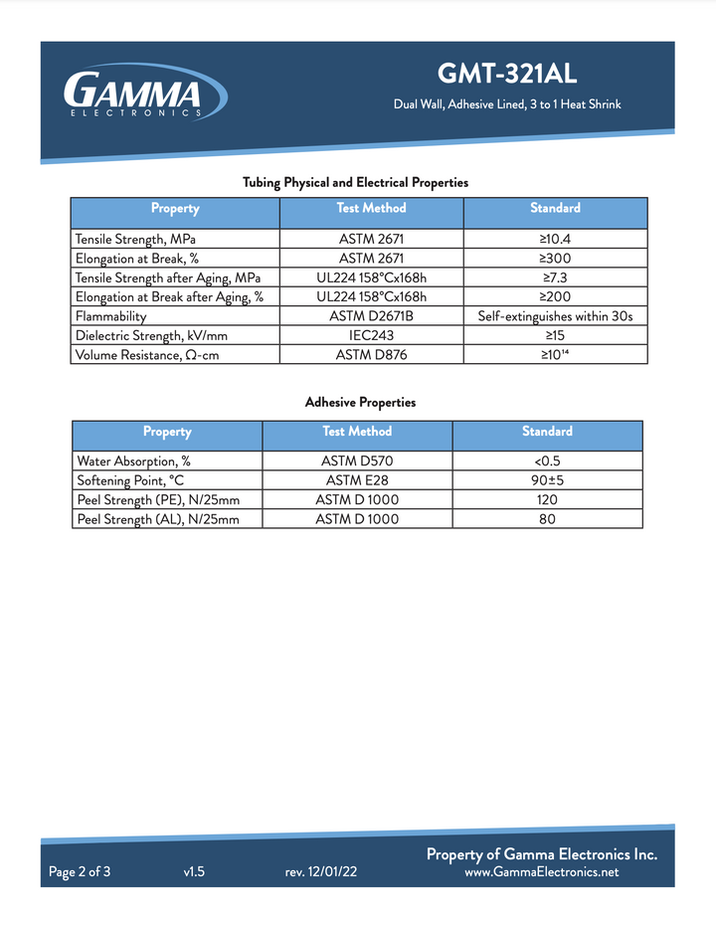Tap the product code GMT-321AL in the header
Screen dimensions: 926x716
[507, 75]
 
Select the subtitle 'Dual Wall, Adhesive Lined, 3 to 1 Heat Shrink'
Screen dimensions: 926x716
[507, 104]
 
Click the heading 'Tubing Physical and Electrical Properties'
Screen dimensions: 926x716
[356, 183]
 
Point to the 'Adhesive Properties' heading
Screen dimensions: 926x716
[360, 403]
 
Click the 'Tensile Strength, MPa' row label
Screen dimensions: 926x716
[135, 240]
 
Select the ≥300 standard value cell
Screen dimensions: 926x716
[555, 259]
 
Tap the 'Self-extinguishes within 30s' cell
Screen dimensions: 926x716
[555, 316]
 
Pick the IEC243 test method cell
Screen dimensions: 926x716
[372, 335]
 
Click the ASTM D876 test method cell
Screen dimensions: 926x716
[372, 354]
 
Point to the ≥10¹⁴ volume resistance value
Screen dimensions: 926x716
[555, 354]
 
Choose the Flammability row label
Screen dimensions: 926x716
[111, 316]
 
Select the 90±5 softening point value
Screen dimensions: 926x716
[547, 480]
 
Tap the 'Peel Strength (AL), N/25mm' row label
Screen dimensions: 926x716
[158, 519]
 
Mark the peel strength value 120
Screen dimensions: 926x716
[547, 499]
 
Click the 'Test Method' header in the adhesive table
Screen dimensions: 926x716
[357, 432]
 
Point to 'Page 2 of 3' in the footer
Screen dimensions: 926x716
[80, 872]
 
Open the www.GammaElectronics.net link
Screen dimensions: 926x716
[542, 872]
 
